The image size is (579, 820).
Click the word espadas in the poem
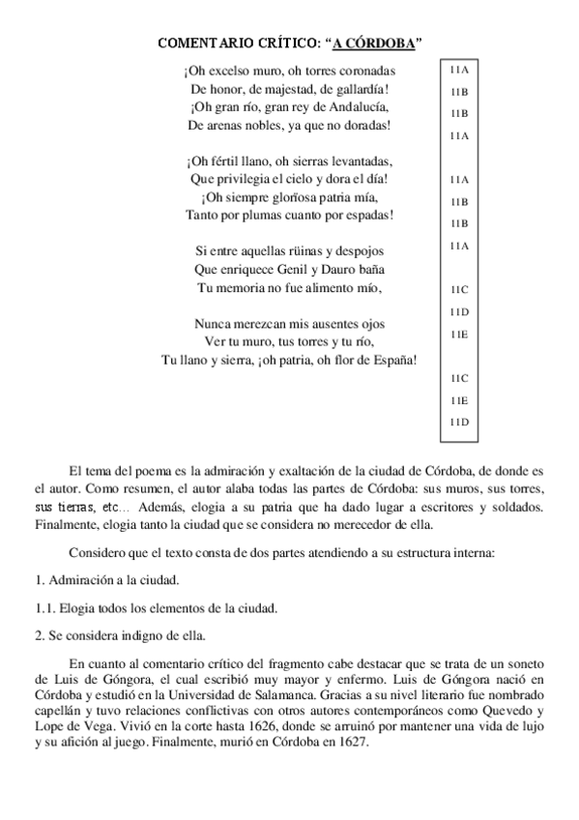point(362,214)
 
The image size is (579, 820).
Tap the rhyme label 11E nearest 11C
point(458,399)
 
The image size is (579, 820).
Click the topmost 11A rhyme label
point(458,71)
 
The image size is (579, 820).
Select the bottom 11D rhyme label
point(458,423)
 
